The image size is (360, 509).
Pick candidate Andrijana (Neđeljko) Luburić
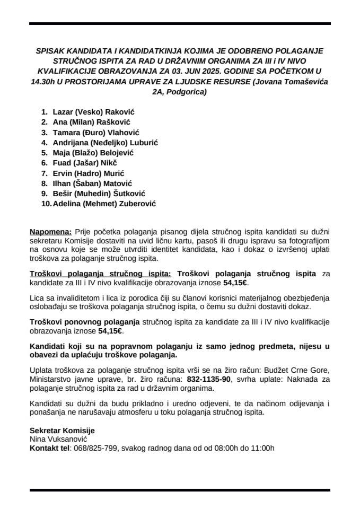(106, 143)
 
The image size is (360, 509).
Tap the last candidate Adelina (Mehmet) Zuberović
(104, 203)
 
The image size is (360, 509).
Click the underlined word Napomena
(51, 232)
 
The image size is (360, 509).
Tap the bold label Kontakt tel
(50, 449)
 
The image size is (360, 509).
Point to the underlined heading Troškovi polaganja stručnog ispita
(101, 274)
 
